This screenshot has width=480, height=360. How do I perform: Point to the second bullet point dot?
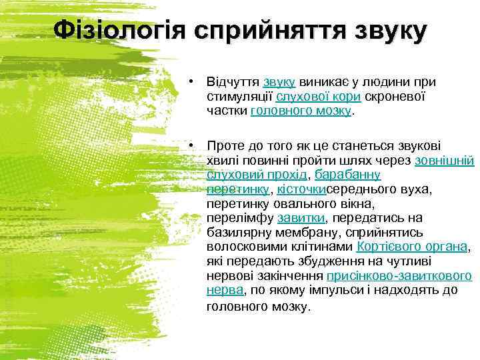(191, 145)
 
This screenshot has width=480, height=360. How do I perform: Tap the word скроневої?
(395, 97)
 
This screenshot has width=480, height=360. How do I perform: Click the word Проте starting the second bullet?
(225, 145)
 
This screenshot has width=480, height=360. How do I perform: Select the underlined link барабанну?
(347, 175)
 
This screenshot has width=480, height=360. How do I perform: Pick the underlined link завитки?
(301, 218)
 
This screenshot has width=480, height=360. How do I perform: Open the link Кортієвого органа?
(412, 247)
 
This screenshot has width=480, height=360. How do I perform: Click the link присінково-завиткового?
(399, 276)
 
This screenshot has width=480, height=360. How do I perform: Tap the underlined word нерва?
(225, 291)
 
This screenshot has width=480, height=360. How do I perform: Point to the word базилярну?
(238, 233)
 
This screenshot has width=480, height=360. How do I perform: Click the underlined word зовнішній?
(444, 160)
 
